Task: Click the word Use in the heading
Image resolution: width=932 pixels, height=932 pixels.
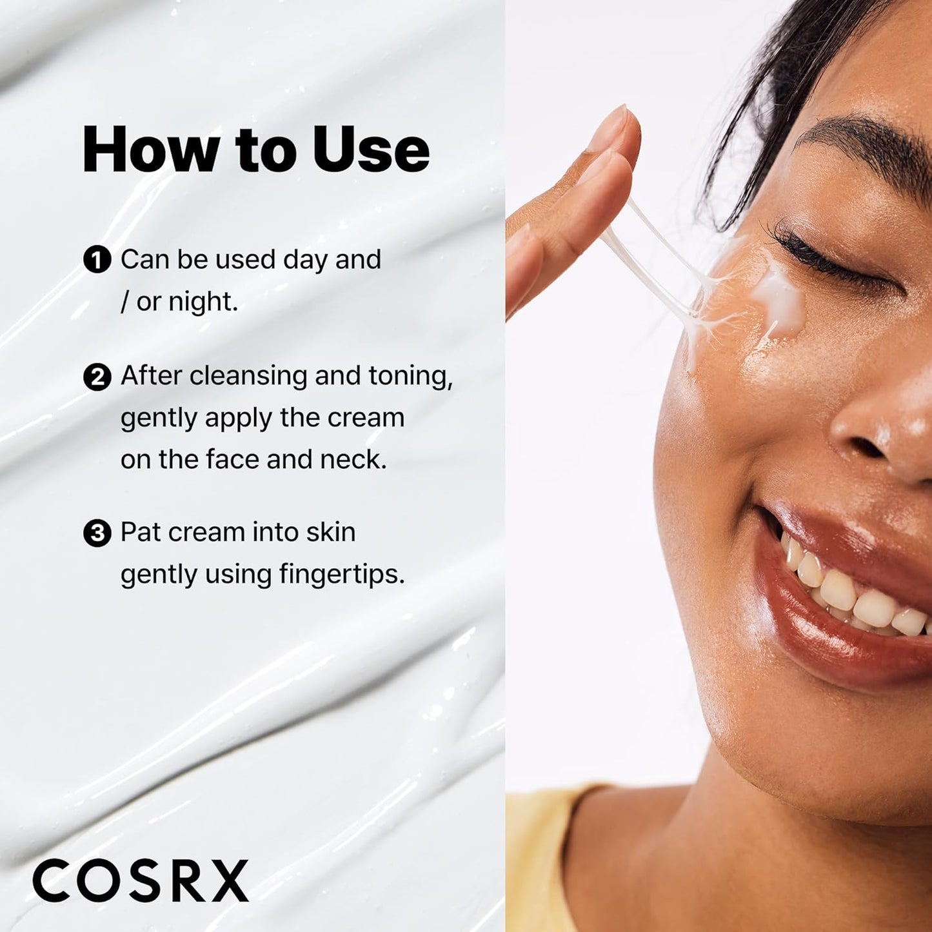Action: click(371, 150)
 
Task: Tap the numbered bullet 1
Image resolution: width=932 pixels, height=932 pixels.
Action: click(97, 261)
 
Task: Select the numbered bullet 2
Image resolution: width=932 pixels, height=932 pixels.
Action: click(97, 377)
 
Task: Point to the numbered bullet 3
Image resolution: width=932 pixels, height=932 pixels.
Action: click(97, 533)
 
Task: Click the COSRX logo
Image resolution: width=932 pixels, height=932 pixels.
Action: click(141, 881)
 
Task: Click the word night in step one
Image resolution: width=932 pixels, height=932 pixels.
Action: click(203, 302)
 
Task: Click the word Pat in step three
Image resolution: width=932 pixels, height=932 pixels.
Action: click(141, 533)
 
